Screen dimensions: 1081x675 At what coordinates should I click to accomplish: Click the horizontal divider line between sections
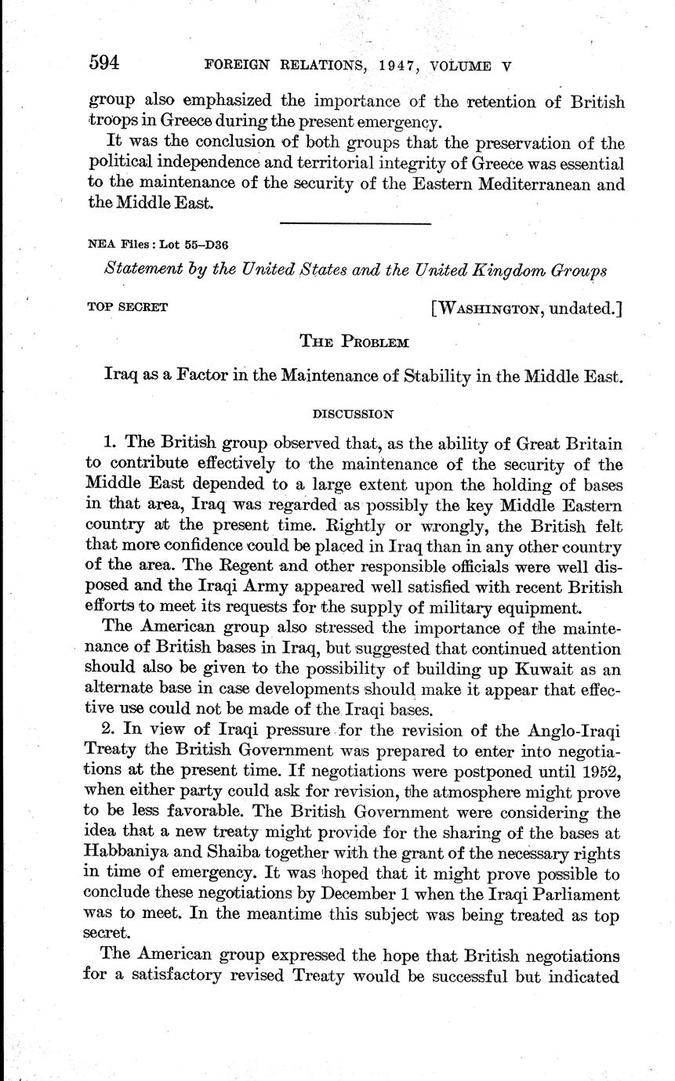coord(355,224)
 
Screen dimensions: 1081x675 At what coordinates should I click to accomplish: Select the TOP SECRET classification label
coord(127,307)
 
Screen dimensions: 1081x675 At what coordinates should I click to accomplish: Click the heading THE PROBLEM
coord(354,341)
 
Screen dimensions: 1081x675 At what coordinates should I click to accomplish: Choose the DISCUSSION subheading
coord(353,412)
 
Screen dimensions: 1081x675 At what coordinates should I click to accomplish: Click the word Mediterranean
coord(539,186)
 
